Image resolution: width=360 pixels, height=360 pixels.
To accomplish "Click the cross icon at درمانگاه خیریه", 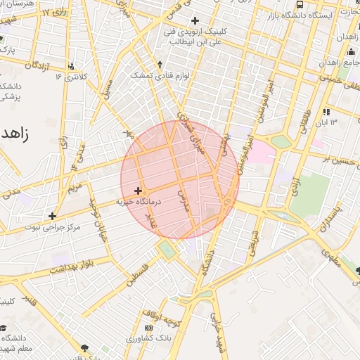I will [138, 191].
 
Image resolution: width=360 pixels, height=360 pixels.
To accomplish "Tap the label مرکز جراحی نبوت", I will [53, 227].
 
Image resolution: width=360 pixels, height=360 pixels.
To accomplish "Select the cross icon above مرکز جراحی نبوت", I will [52, 215].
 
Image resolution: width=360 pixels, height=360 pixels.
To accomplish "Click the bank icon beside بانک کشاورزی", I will [148, 328].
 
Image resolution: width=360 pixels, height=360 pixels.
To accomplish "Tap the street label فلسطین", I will [137, 274].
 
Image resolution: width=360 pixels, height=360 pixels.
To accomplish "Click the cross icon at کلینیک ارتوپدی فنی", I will [195, 20].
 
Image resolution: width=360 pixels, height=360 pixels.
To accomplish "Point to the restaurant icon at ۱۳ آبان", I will [326, 111].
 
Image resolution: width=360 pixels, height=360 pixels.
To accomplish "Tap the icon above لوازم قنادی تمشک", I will [160, 64].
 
